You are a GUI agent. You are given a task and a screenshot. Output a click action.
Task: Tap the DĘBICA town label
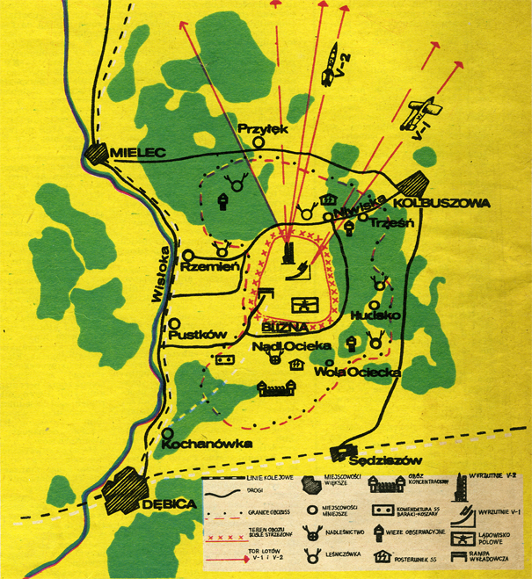pos(164,506)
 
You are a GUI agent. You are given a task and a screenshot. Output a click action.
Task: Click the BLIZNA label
pos(283,327)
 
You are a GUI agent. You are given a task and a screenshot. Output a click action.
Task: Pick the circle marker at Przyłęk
pos(259,141)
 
